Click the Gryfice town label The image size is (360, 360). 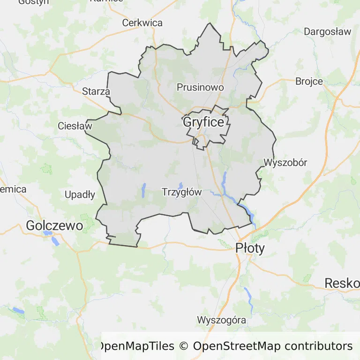click(x=203, y=122)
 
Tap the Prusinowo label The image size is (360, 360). click(x=200, y=87)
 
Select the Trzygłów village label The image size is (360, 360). click(x=181, y=192)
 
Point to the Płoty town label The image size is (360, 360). click(x=250, y=248)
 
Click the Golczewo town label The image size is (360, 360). click(x=54, y=225)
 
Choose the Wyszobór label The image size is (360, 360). click(x=285, y=163)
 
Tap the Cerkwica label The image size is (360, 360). click(x=142, y=22)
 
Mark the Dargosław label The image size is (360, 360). click(x=327, y=32)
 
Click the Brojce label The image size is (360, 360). click(x=309, y=81)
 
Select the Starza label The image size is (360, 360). click(x=96, y=91)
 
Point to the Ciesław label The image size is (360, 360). click(x=75, y=126)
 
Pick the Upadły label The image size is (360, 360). click(x=80, y=195)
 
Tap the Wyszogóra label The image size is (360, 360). click(x=222, y=321)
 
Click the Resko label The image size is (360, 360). click(x=342, y=283)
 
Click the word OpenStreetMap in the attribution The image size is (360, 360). click(x=237, y=346)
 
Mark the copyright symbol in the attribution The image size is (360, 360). click(x=183, y=346)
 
